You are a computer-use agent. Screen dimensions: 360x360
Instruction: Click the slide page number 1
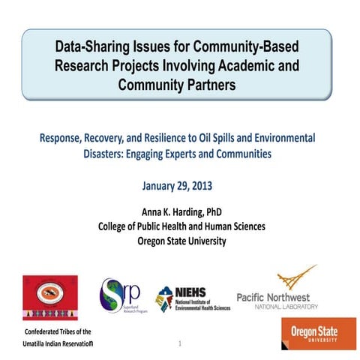pos(181,343)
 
